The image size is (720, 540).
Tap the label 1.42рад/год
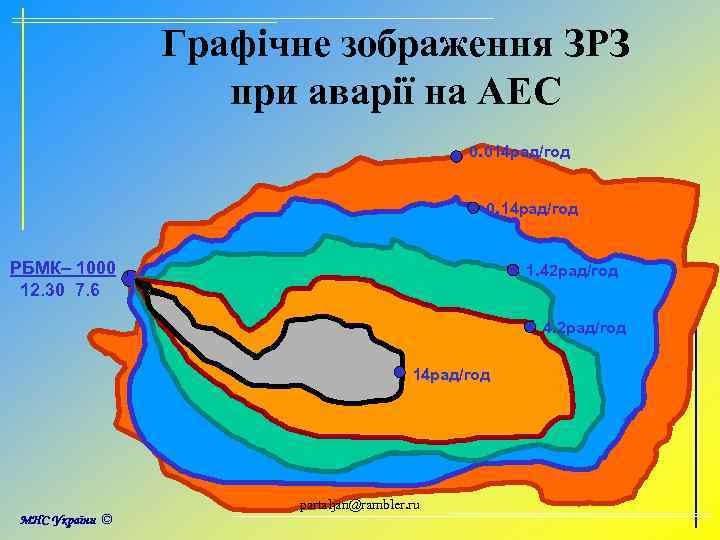coord(572,270)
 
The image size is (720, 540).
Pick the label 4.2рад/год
coord(585,327)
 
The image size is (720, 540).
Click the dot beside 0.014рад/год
coord(456,155)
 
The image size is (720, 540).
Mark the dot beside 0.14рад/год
coord(474,209)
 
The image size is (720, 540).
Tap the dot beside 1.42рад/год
coord(513,269)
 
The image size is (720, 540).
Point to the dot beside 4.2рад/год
coord(530,325)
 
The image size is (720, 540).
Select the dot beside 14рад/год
coord(399,373)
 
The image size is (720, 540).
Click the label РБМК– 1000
coord(62,270)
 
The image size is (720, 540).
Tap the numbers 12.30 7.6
coord(60,290)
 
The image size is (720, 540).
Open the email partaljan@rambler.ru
coord(360,503)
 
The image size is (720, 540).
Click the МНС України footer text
coord(59,520)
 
